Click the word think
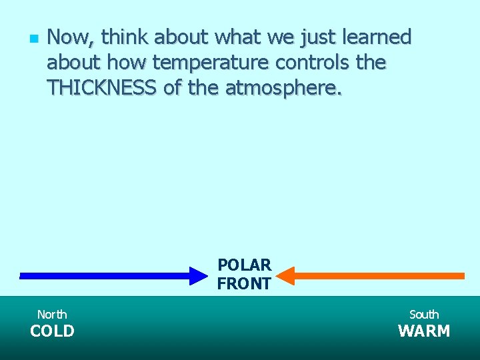125,37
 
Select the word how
127,63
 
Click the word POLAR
244,265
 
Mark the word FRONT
244,284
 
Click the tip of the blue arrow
207,275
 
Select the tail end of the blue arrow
22,275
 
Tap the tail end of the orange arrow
462,275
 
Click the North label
52,314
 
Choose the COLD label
52,331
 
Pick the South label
424,314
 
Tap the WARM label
424,331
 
